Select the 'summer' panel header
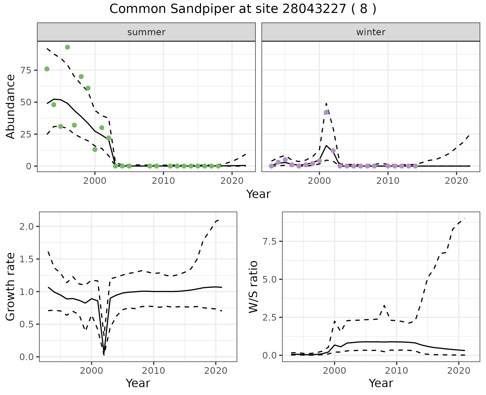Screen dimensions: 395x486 tap(146, 32)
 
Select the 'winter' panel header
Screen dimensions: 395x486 tap(371, 32)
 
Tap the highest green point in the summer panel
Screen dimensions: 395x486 tap(67, 47)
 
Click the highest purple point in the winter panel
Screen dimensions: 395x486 tap(326, 112)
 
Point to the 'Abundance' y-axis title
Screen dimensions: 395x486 tap(11, 107)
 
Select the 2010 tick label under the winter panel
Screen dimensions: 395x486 tap(388, 181)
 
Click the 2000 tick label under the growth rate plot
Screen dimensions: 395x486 tap(91, 371)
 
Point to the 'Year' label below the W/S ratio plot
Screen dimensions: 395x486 tap(381, 383)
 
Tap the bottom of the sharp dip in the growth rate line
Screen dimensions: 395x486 tap(104, 354)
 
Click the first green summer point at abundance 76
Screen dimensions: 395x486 tap(47, 69)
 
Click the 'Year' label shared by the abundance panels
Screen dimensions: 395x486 tap(258, 194)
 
